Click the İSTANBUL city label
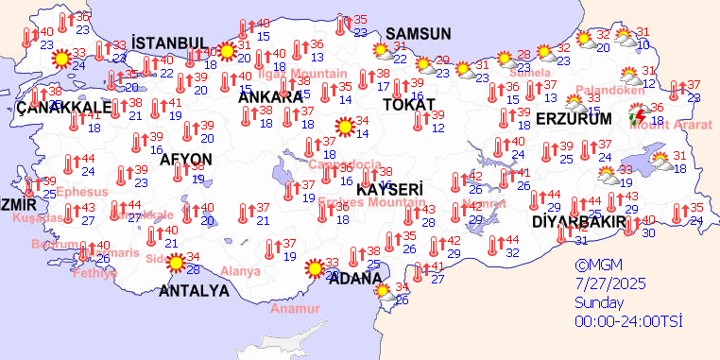click(x=170, y=43)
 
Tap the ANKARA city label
click(x=269, y=96)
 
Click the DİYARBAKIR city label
click(x=579, y=222)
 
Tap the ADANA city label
click(x=355, y=278)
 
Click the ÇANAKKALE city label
click(x=64, y=107)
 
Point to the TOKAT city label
click(x=409, y=104)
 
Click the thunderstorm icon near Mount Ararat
click(x=639, y=117)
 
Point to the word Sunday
click(x=599, y=303)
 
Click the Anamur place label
click(x=292, y=309)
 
